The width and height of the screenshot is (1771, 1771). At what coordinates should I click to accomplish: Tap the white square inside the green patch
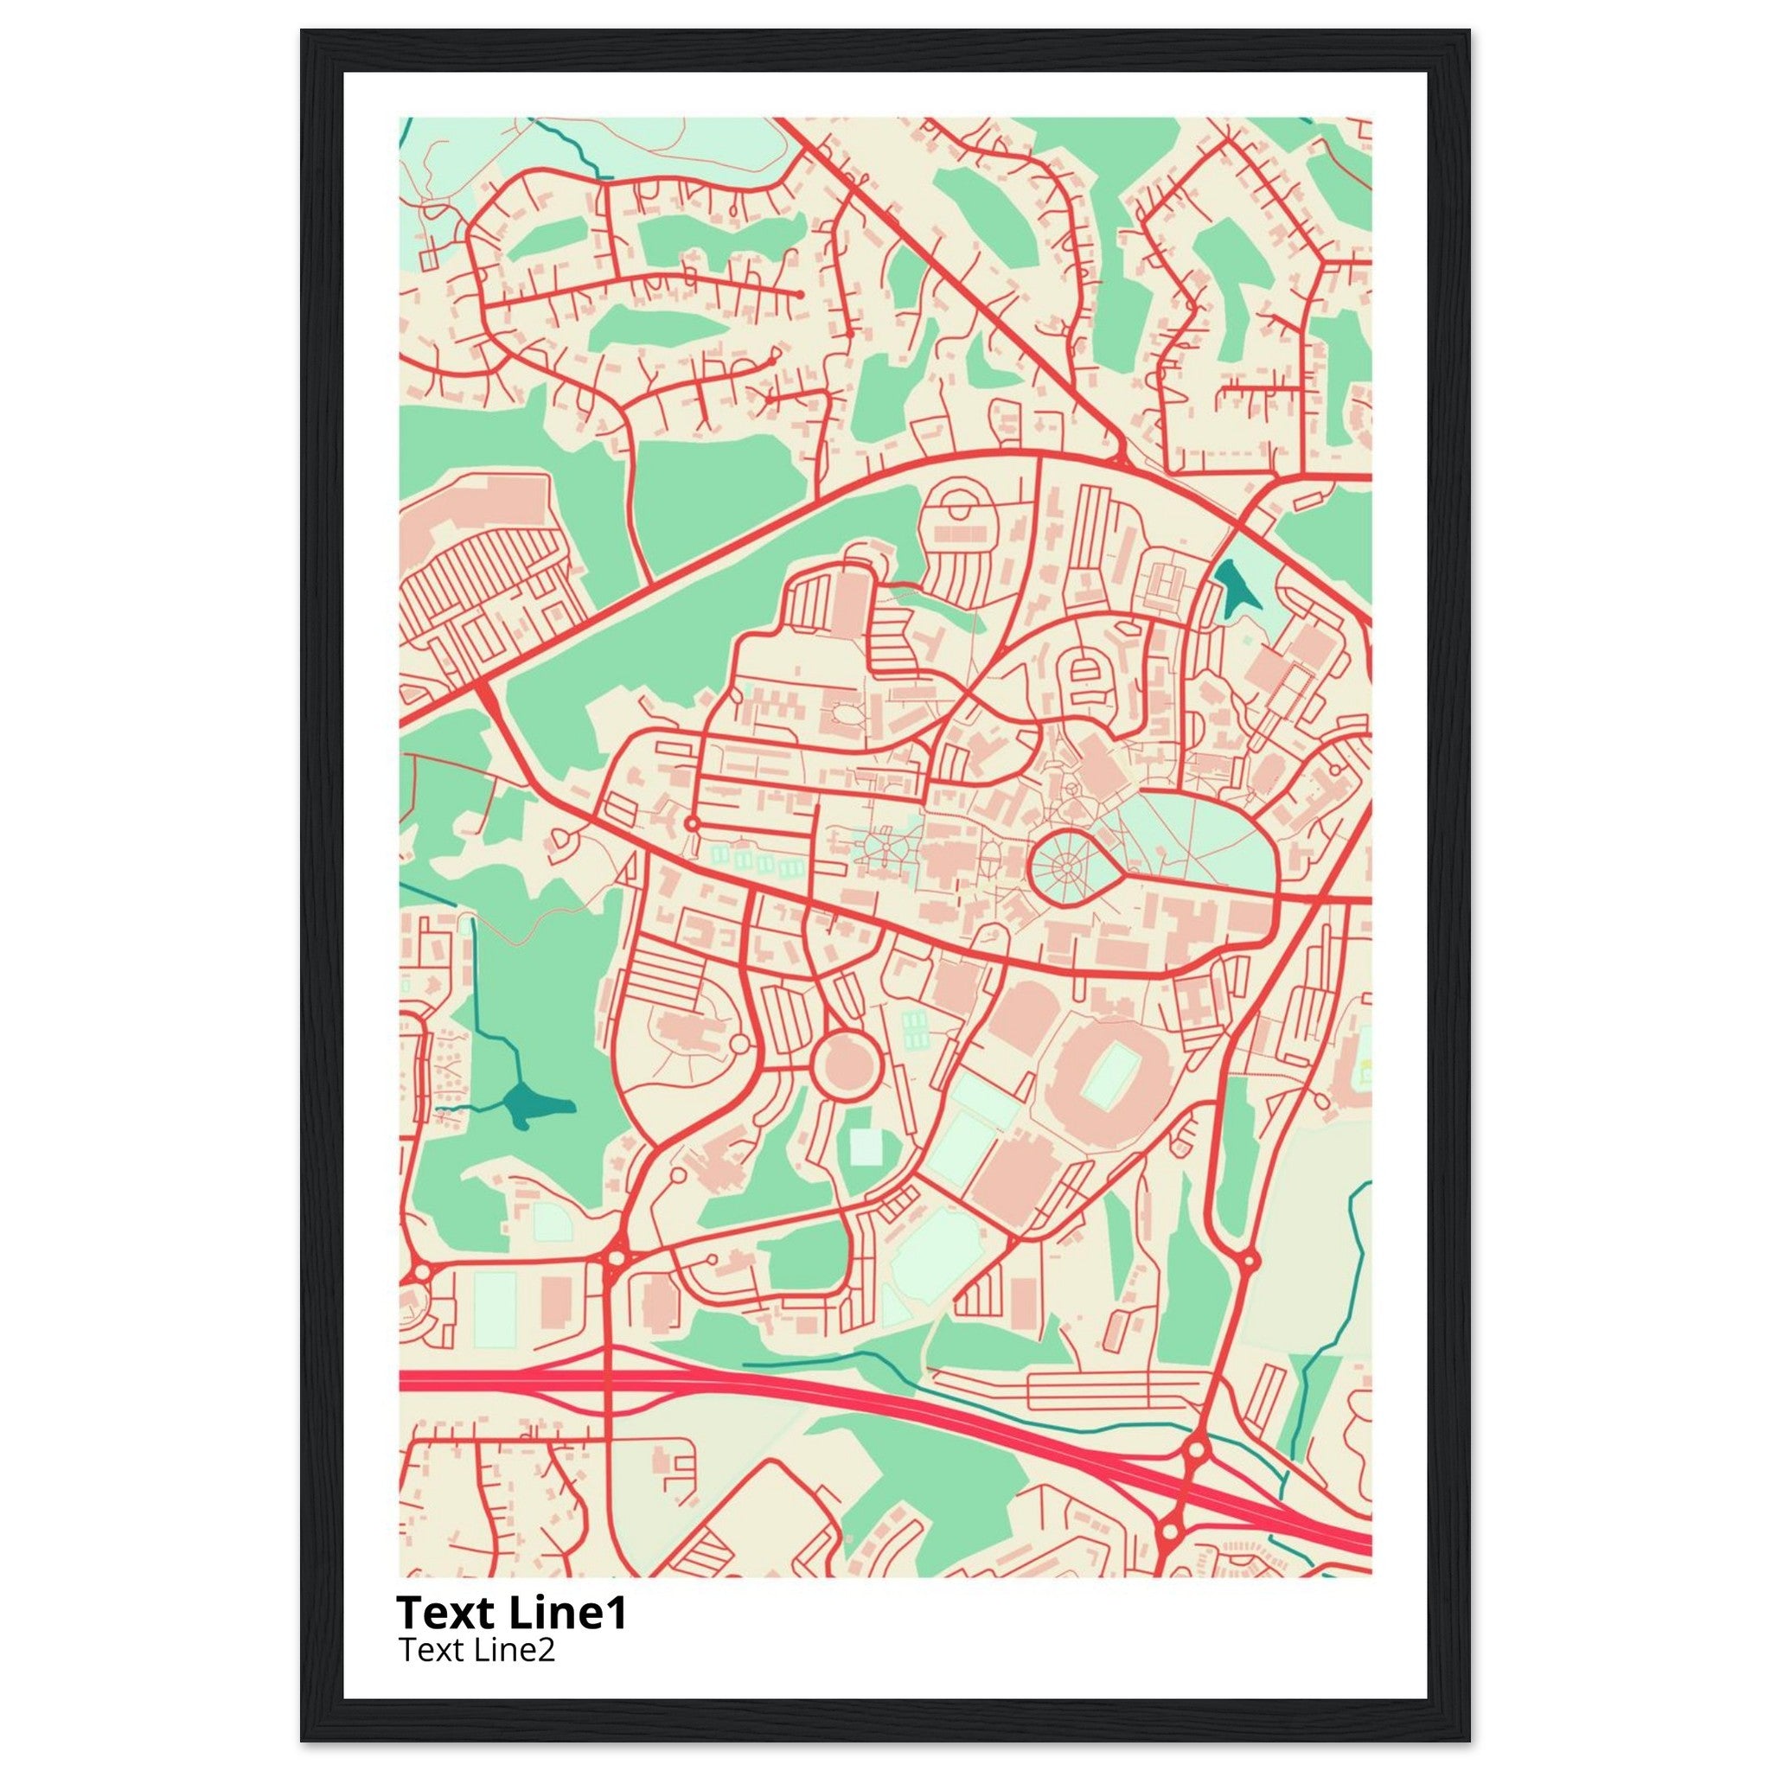pyautogui.click(x=865, y=1146)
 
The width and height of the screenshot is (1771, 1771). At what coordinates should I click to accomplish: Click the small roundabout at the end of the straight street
pyautogui.click(x=692, y=824)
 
